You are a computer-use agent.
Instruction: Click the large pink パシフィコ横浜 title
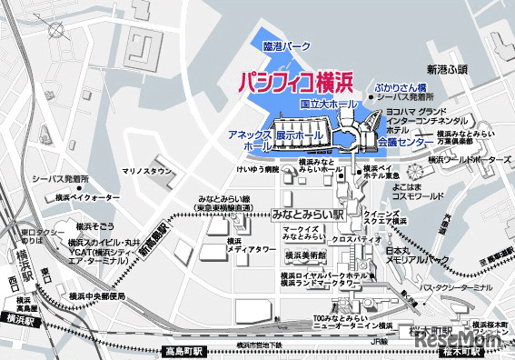pos(295,83)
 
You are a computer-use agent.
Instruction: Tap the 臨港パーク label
pos(286,45)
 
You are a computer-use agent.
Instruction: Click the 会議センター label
pos(405,143)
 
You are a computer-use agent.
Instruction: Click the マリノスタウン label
pos(146,170)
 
